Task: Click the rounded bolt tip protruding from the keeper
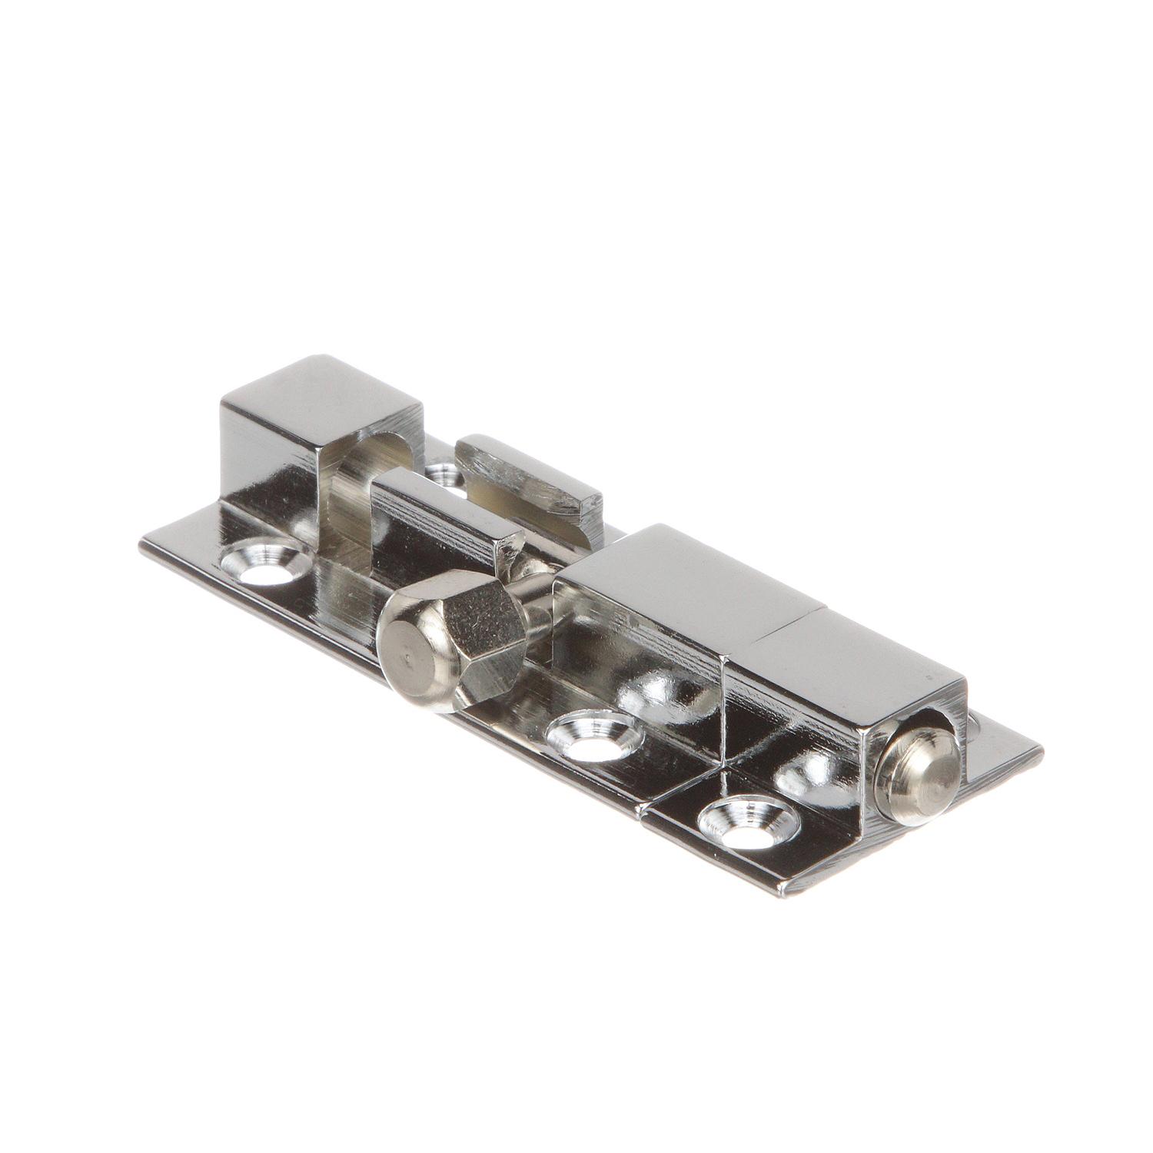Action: pos(919,776)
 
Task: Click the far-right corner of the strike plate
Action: pos(1042,753)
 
